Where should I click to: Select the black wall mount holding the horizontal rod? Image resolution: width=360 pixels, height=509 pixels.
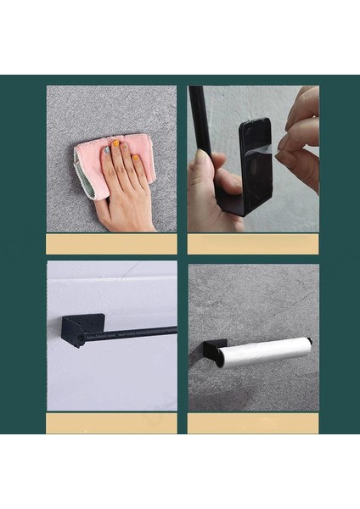pyautogui.click(x=82, y=329)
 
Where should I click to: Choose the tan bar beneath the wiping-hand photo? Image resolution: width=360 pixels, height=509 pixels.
pyautogui.click(x=111, y=243)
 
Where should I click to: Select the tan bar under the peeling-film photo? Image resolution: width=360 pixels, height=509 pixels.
pyautogui.click(x=253, y=243)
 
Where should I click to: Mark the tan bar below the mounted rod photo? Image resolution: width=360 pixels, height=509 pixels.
pyautogui.click(x=111, y=422)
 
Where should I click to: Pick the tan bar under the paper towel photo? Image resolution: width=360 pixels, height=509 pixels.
pyautogui.click(x=253, y=422)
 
